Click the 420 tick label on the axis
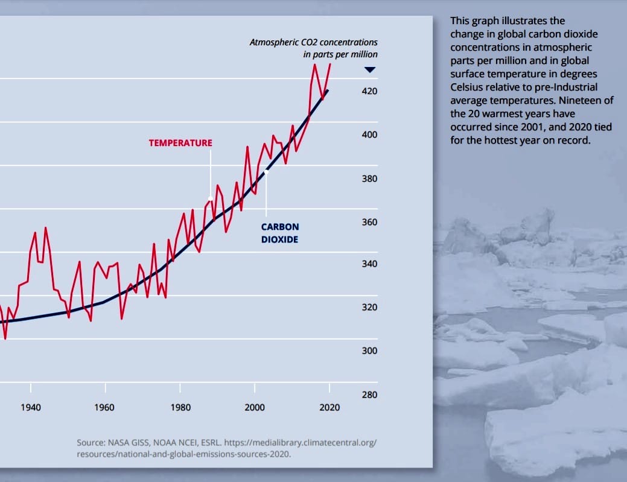point(369,92)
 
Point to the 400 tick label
point(369,135)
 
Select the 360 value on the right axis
point(369,222)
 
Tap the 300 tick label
point(369,351)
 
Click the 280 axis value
point(369,395)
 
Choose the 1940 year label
point(30,407)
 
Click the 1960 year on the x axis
point(104,407)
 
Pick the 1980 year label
point(180,407)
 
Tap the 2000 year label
point(255,407)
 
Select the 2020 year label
point(329,407)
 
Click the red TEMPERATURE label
point(180,143)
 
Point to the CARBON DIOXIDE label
point(279,233)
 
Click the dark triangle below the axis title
point(370,70)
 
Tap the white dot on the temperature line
point(211,198)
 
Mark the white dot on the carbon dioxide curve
point(266,172)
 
